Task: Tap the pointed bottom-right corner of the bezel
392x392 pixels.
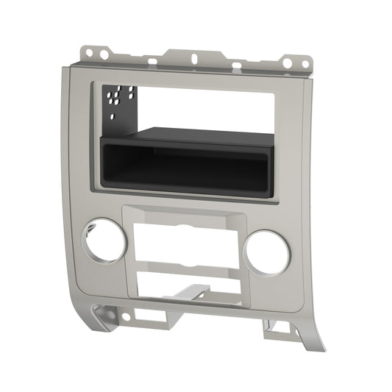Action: tap(302, 346)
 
